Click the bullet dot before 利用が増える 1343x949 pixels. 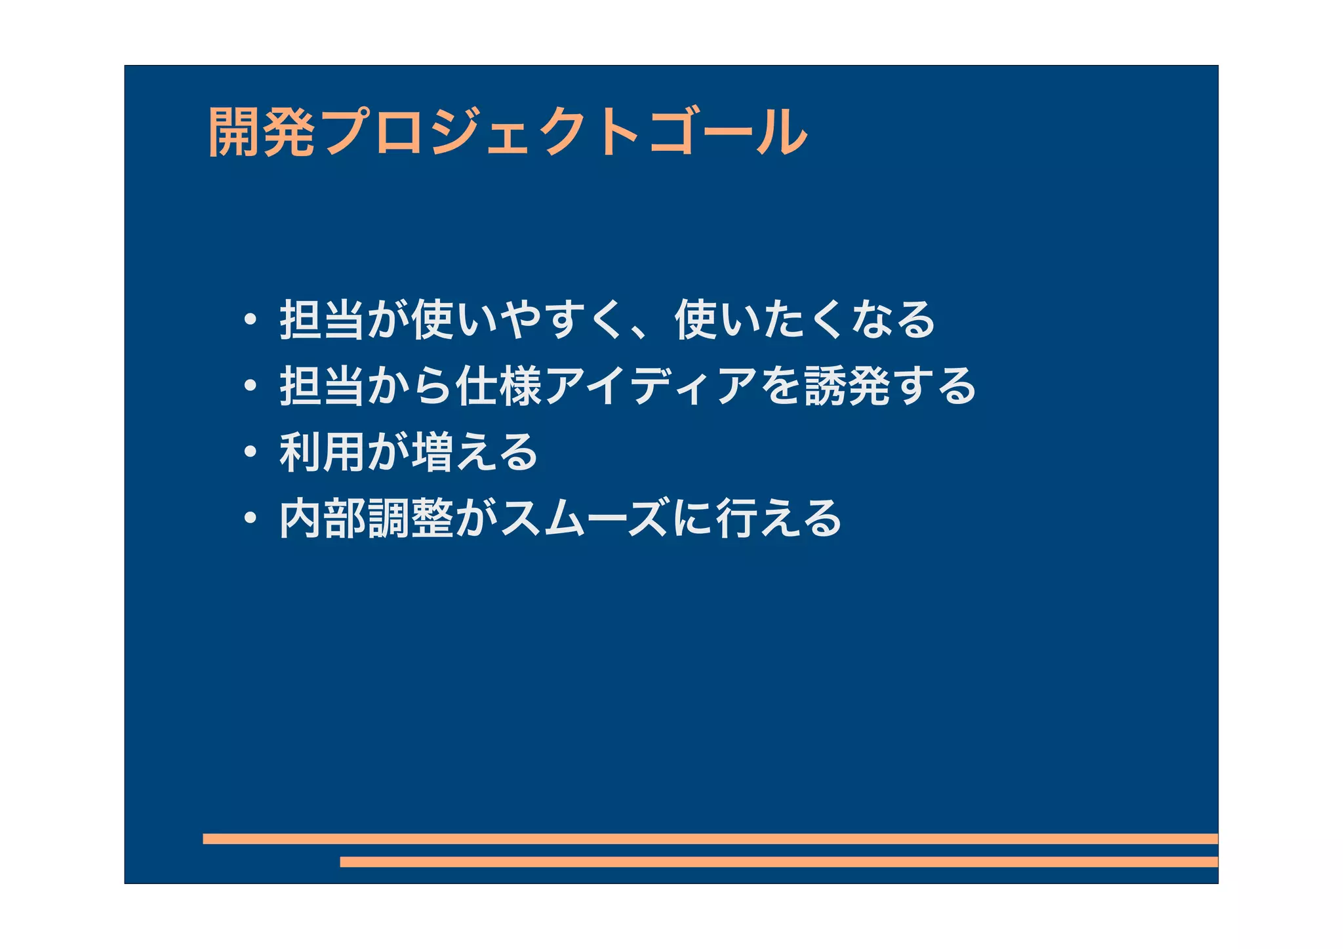pos(250,452)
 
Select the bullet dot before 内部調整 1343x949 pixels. pos(250,518)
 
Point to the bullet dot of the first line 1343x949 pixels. pos(250,320)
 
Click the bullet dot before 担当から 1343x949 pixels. pos(250,386)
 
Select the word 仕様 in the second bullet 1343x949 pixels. pos(498,386)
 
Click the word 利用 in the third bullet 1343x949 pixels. pos(322,452)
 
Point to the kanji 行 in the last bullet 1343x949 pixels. pos(737,518)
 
